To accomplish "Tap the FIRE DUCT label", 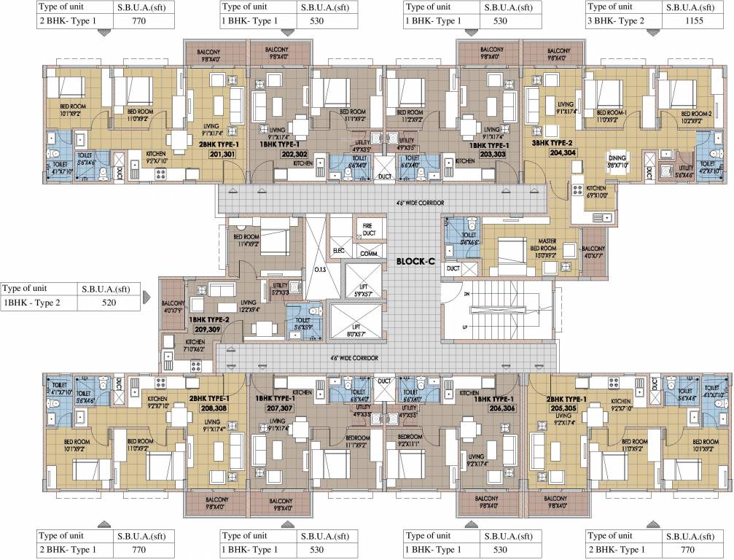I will [x=368, y=230].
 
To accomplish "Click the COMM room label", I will [x=368, y=254].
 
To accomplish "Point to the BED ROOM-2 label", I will [x=695, y=114].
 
